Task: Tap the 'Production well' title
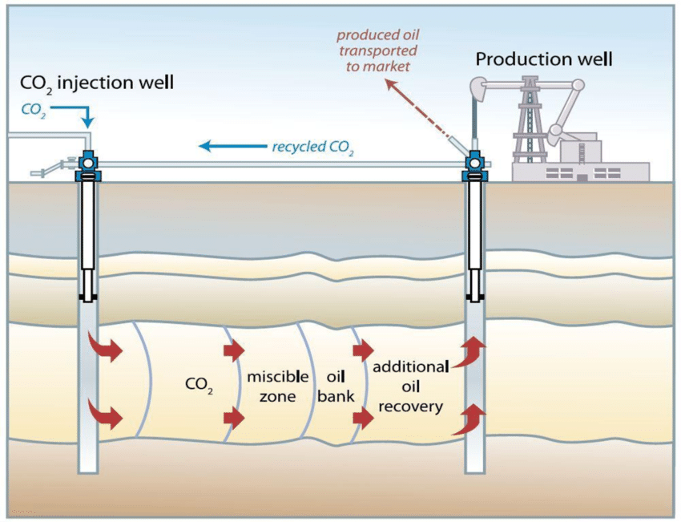click(x=544, y=59)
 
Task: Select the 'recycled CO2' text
click(x=312, y=147)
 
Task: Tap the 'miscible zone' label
click(x=272, y=386)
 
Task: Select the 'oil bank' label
click(x=336, y=386)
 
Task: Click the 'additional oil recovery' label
click(x=410, y=386)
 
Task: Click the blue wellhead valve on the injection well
click(x=86, y=165)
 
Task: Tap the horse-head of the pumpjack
click(x=481, y=85)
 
